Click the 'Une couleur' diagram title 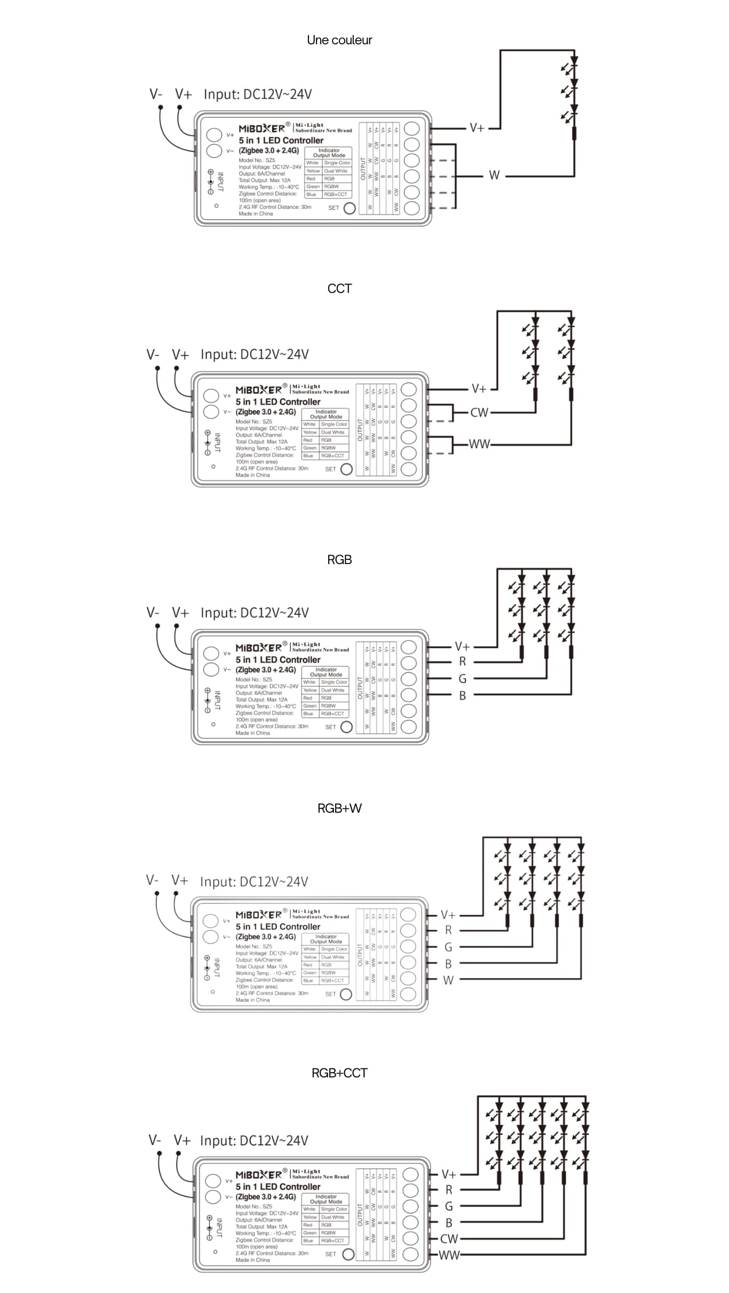(339, 40)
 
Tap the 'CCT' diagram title (339, 289)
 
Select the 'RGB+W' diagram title (339, 808)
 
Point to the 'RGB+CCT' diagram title (339, 1073)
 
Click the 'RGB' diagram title (339, 559)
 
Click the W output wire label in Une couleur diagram (494, 176)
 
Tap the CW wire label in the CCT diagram (479, 413)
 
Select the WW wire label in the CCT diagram (479, 444)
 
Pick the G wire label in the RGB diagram (462, 679)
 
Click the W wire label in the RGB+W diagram (448, 980)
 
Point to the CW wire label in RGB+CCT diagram (449, 1239)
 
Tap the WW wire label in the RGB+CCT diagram (449, 1255)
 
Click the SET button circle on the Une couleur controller (350, 208)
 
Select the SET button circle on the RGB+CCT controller (348, 1254)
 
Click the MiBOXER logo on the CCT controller (259, 390)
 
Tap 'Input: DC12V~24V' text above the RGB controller (255, 613)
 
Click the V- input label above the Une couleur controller (156, 94)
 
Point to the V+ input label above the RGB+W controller (180, 880)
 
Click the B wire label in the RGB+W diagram (448, 964)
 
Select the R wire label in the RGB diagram (462, 662)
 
